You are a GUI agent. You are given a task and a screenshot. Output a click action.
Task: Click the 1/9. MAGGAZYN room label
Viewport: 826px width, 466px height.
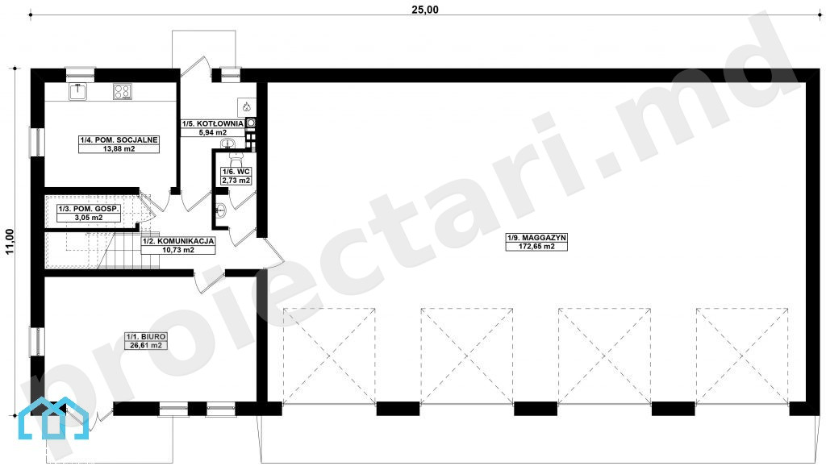[x=536, y=238]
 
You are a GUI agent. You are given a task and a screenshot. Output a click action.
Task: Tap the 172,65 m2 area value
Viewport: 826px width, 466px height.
[x=536, y=246]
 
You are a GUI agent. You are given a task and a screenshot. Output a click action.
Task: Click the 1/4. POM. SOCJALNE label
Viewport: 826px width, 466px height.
[x=119, y=140]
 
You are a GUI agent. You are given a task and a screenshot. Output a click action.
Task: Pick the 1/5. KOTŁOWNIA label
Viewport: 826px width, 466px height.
[x=213, y=123]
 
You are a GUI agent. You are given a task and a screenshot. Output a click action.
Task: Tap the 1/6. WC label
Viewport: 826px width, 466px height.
[x=236, y=172]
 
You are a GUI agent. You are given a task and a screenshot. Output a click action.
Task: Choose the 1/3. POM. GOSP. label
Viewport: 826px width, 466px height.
[x=89, y=209]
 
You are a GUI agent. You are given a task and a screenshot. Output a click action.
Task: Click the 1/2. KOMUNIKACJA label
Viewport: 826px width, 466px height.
[x=178, y=241]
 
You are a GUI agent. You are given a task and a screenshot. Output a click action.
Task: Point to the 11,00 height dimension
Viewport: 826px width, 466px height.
[x=10, y=242]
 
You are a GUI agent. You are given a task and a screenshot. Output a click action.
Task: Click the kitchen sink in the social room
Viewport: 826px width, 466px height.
[x=78, y=92]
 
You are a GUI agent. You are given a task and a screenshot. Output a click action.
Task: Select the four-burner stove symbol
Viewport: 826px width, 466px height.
[x=123, y=92]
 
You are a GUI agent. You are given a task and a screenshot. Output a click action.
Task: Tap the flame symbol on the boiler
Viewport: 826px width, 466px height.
[x=246, y=107]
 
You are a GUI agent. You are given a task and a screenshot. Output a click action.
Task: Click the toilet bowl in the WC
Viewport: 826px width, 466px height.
[x=236, y=158]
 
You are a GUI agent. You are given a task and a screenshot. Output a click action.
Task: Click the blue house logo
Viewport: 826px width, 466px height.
[x=53, y=418]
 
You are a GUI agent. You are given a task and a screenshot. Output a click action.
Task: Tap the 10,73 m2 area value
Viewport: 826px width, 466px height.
[x=178, y=250]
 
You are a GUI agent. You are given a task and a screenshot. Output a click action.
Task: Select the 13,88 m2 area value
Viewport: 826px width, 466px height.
[x=119, y=149]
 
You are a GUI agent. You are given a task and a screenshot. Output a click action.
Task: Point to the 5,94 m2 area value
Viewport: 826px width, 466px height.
[x=213, y=132]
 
